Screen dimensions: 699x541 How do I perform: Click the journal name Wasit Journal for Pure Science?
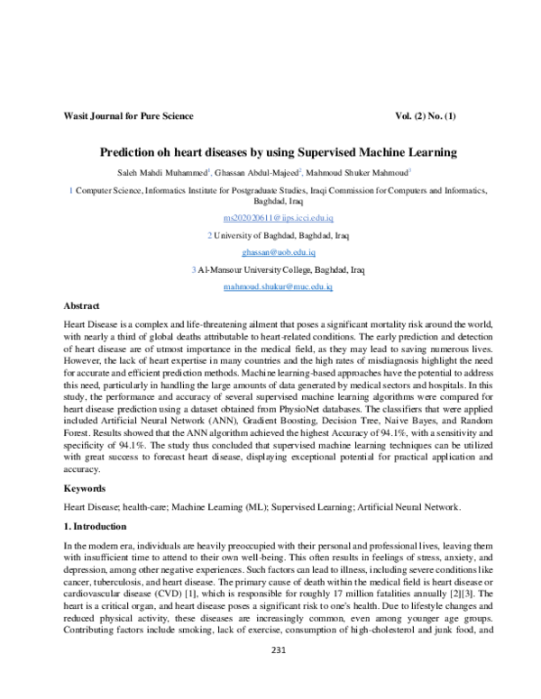pyautogui.click(x=127, y=117)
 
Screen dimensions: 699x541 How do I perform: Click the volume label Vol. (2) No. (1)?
pyautogui.click(x=443, y=117)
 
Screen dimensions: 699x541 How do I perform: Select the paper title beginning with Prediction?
pyautogui.click(x=278, y=153)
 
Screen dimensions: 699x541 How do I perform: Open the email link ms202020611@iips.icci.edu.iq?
pyautogui.click(x=278, y=219)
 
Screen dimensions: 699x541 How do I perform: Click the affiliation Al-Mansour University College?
pyautogui.click(x=257, y=269)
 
